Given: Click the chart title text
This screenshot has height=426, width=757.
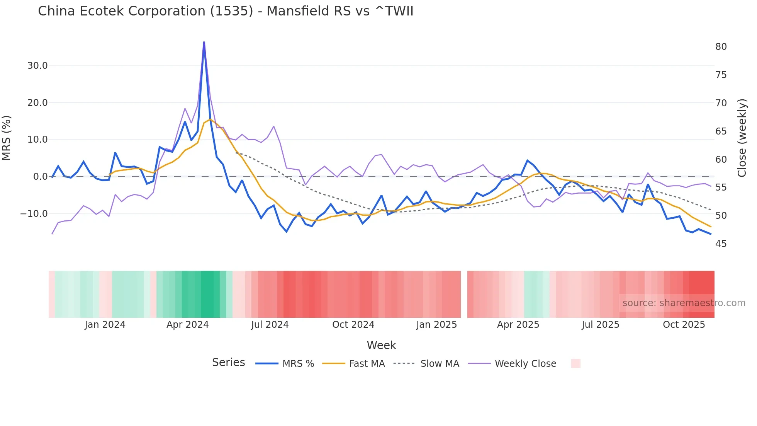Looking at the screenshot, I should tap(226, 11).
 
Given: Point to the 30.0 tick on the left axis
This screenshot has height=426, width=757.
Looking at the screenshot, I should tap(37, 66).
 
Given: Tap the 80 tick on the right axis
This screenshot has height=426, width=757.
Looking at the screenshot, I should tap(721, 47).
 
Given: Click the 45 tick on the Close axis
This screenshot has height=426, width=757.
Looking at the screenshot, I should tap(721, 244).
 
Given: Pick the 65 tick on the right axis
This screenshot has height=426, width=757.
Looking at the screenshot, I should tap(721, 131).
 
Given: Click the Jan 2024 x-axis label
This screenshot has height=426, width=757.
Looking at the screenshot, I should tap(105, 325).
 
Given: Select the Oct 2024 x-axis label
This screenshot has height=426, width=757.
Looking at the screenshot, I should tap(353, 325).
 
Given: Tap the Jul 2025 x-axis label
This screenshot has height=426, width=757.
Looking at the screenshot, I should tap(600, 325).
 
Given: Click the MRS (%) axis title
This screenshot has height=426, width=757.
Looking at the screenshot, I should tap(7, 138).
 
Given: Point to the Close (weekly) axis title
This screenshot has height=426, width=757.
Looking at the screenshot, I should tap(742, 138).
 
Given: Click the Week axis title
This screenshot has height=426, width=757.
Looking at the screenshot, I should tap(381, 345).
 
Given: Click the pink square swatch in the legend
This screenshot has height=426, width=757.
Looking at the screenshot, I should tap(575, 363).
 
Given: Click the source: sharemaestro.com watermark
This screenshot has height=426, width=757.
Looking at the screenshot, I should tap(684, 303).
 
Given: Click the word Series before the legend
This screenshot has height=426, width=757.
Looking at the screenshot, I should tap(228, 363).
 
